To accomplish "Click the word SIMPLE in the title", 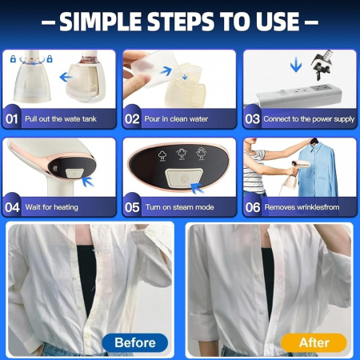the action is [101, 22].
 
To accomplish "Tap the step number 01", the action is [12, 119].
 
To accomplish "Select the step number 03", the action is [252, 119].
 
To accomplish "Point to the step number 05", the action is [132, 207].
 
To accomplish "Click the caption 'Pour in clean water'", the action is [176, 119].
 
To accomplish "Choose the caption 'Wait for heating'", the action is [52, 207].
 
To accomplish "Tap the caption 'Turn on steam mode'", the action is [180, 207].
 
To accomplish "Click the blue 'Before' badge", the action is [135, 342].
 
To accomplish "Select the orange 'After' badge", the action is [314, 342].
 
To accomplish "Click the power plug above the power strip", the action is [322, 65].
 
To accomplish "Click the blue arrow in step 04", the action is [87, 182].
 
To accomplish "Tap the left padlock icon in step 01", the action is [13, 58].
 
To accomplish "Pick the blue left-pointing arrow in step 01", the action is [66, 78].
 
